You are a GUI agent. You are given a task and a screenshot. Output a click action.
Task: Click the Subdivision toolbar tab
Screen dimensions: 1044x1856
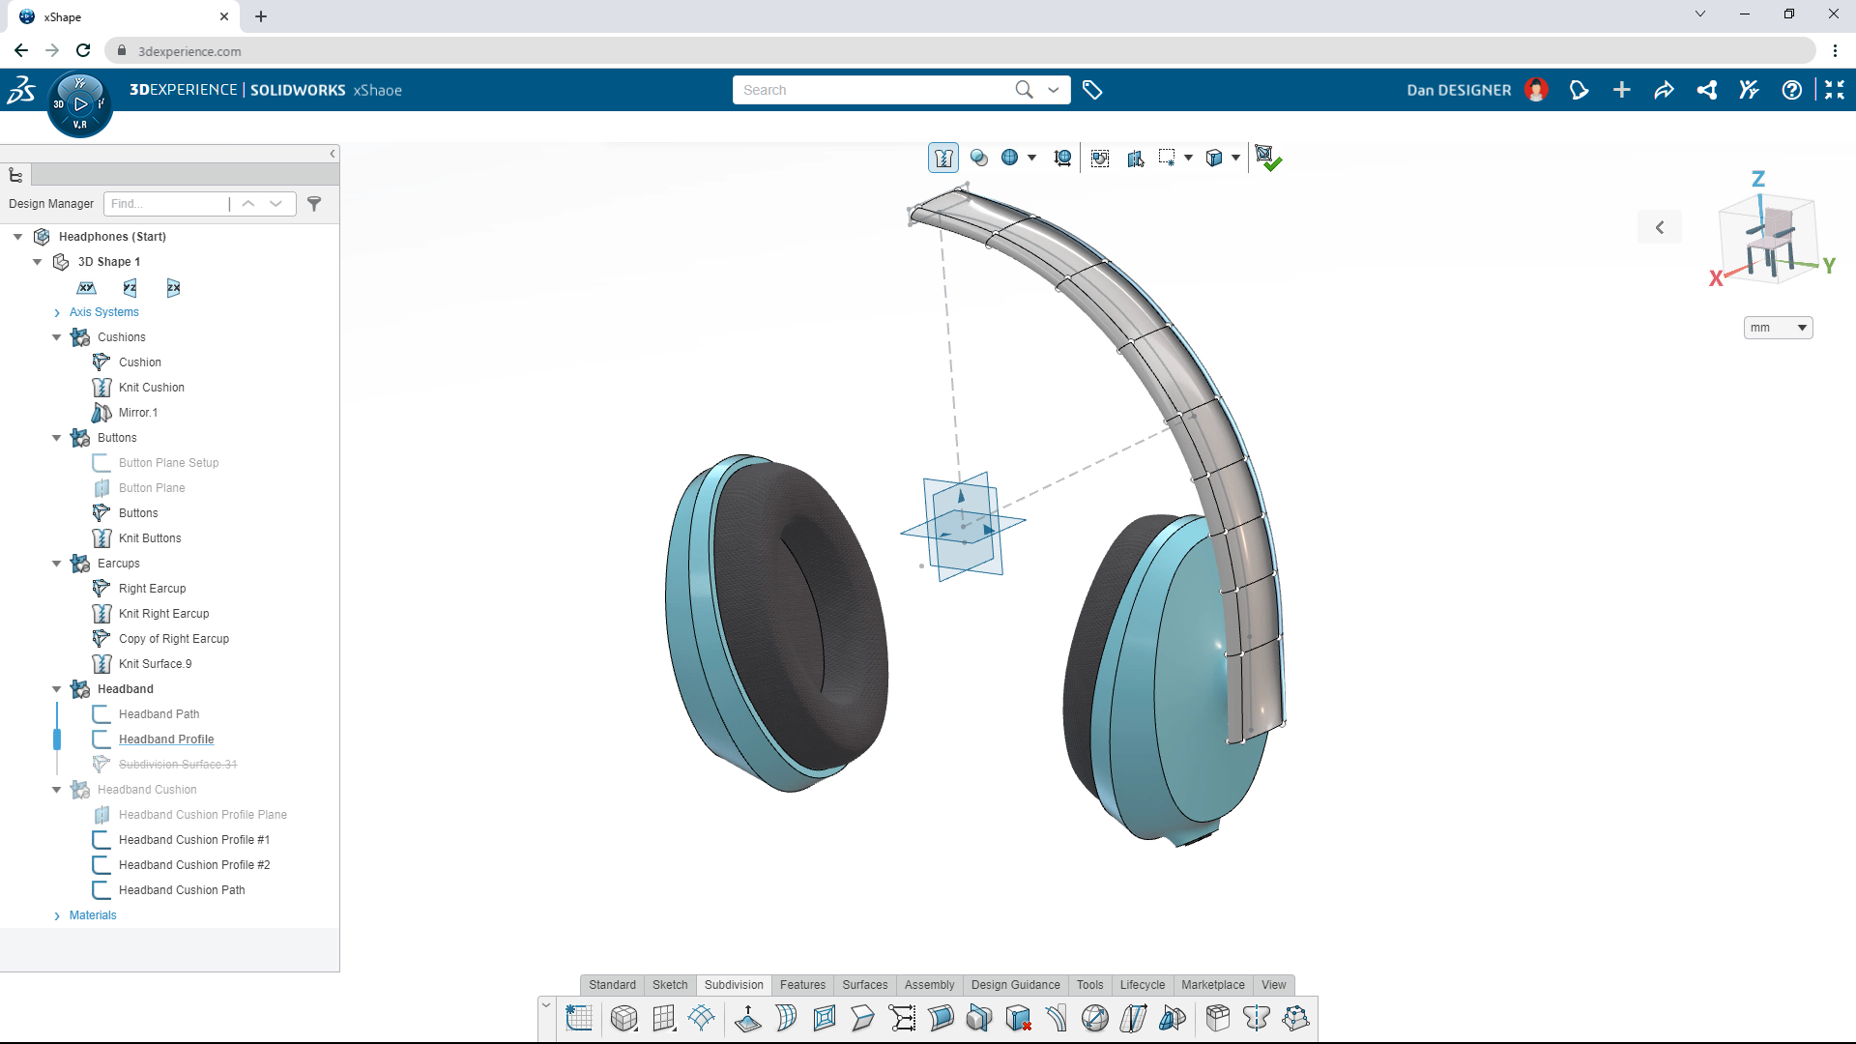tap(734, 985)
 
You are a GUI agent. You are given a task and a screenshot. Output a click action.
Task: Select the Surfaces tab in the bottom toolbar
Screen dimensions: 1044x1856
tap(864, 985)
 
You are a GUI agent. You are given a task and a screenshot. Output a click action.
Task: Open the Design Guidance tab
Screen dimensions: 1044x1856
tap(1015, 985)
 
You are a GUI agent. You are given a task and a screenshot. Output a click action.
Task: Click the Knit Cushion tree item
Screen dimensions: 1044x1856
tap(151, 388)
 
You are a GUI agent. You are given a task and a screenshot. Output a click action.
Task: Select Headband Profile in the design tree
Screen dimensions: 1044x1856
tap(166, 739)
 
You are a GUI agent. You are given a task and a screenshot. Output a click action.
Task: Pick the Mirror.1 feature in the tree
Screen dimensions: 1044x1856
tap(137, 413)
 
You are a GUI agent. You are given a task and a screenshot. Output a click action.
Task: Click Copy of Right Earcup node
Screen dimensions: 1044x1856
tap(173, 639)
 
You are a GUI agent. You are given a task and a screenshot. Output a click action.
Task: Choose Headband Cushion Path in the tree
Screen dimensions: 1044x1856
tap(182, 890)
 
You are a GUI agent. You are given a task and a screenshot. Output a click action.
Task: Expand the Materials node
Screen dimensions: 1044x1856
tap(57, 915)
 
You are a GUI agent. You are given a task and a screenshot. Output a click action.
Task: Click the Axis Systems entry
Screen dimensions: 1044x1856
tap(103, 312)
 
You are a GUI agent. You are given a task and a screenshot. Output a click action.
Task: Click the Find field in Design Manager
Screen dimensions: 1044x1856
tap(166, 204)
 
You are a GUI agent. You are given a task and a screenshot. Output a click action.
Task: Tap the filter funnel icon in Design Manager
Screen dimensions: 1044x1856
tap(314, 204)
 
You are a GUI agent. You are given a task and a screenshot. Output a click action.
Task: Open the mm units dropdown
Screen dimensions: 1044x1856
tap(1778, 328)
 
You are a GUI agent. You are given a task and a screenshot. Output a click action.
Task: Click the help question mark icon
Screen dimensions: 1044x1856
tap(1791, 90)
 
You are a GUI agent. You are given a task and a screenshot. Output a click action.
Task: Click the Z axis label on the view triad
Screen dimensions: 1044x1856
tap(1758, 179)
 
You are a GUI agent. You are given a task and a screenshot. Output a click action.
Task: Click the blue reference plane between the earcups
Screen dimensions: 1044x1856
tap(962, 527)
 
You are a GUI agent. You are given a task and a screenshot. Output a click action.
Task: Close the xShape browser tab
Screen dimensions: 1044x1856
tap(224, 16)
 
